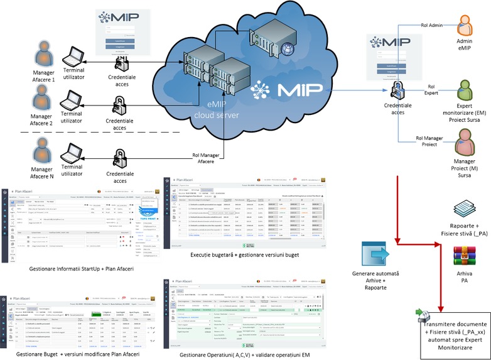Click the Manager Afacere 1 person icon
(45, 54)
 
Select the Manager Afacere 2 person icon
(44, 100)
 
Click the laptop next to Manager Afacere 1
(75, 59)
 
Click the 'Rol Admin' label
(431, 25)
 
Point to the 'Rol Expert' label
(431, 90)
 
